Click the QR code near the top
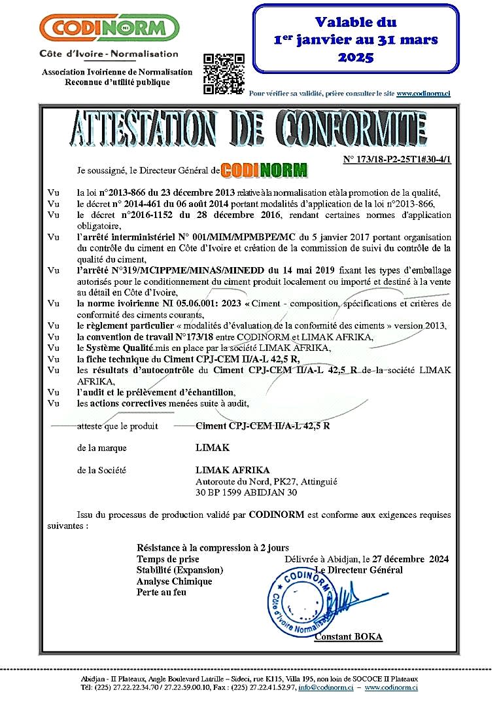[224, 73]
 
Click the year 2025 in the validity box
[356, 58]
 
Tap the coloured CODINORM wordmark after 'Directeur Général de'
[264, 170]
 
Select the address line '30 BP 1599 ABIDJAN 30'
[247, 492]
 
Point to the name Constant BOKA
[349, 637]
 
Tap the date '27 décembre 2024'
[410, 559]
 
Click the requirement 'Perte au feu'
[162, 592]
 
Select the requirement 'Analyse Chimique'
[175, 581]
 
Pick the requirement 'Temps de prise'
[168, 559]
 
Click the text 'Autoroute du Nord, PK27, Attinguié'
[266, 481]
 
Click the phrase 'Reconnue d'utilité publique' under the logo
[117, 82]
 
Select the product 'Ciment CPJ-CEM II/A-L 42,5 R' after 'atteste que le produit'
[263, 426]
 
